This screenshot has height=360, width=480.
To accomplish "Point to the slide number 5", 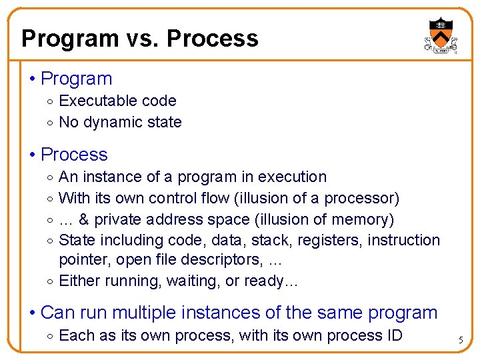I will pyautogui.click(x=460, y=341).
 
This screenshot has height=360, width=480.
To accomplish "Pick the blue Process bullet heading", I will pyautogui.click(x=74, y=155).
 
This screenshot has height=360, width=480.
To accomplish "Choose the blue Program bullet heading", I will pyautogui.click(x=76, y=79).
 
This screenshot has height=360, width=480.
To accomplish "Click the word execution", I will pyautogui.click(x=292, y=177).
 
